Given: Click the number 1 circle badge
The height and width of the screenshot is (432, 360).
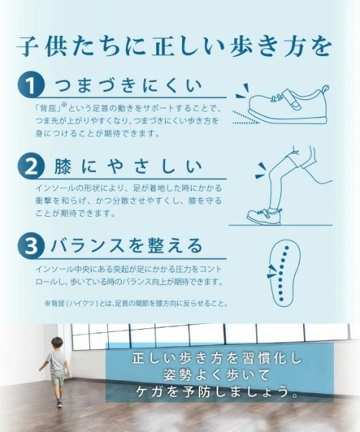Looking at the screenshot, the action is point(31,84).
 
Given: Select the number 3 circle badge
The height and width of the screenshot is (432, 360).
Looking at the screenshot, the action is point(31,246).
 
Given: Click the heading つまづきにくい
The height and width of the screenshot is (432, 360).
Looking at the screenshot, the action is point(129,85).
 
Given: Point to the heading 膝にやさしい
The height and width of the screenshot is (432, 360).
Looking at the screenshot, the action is point(128,166).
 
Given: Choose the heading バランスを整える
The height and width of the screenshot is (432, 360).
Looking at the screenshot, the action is point(127,246).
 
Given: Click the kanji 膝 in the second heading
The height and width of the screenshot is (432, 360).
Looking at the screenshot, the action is point(63,166).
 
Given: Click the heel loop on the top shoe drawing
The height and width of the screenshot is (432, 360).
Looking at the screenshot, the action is point(325,90).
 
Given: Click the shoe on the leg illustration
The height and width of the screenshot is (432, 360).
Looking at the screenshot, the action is point(264,216).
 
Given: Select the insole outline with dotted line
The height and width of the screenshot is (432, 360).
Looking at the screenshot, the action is point(284,272).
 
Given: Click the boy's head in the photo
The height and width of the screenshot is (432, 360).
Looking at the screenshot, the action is point(57,343).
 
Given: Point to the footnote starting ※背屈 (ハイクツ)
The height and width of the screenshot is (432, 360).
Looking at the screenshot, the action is point(136,304).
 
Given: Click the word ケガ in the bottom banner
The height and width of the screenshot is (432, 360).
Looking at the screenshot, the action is point(148,392).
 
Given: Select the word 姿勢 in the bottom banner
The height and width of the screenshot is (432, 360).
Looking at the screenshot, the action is point(176,375).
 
